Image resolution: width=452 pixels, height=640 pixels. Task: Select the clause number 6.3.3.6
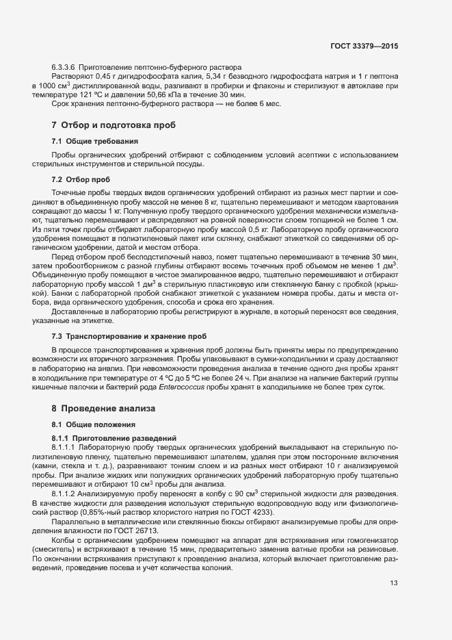[63, 68]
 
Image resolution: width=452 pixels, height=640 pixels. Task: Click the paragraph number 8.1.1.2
[67, 494]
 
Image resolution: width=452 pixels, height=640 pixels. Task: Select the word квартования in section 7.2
[374, 203]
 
